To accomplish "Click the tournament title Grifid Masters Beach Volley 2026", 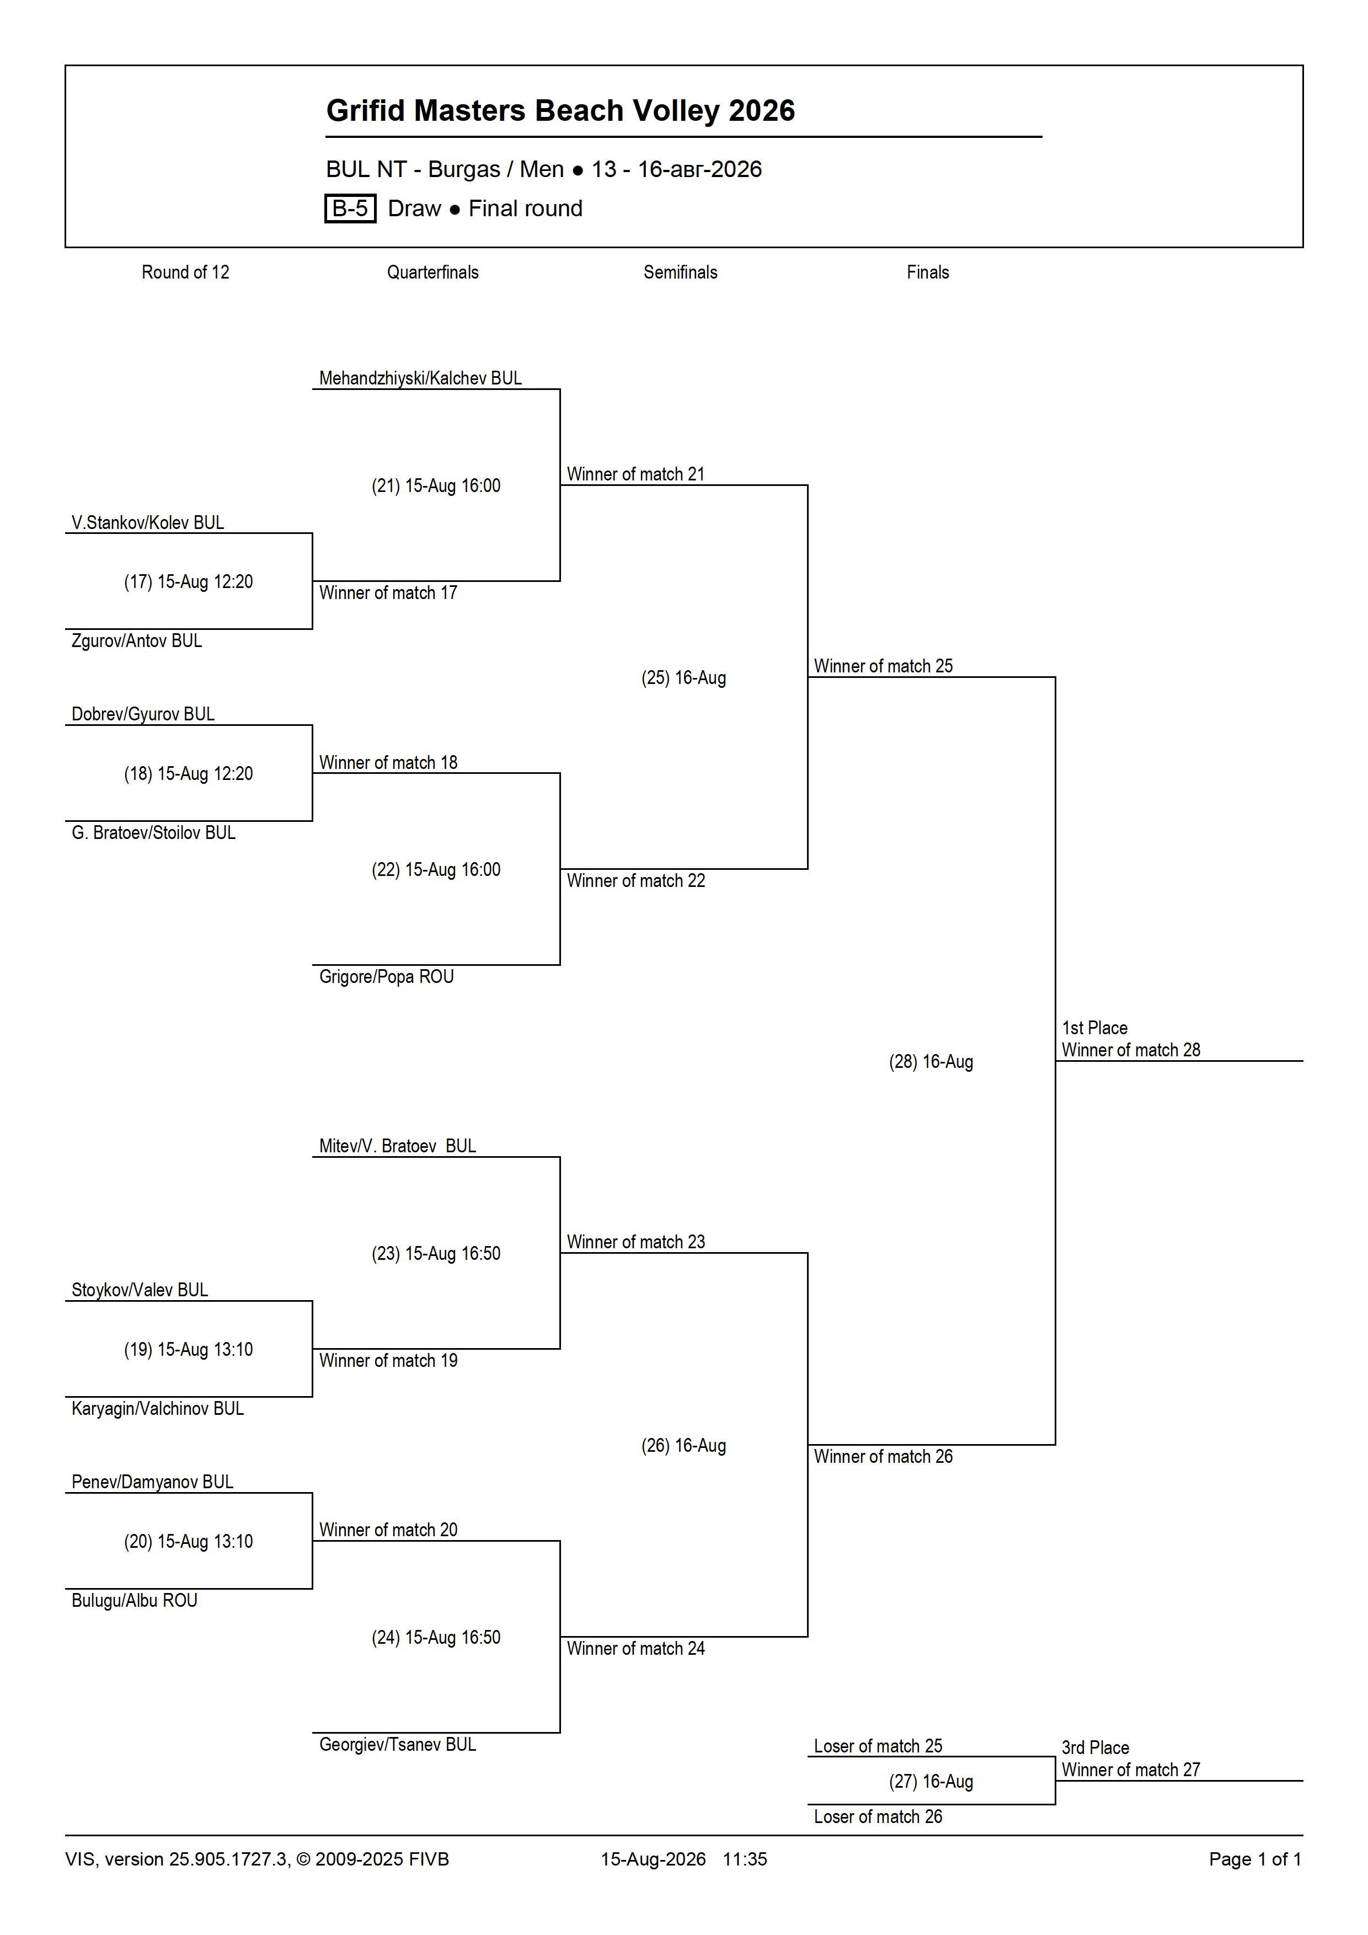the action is (x=560, y=110).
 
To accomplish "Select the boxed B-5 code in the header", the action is (x=350, y=208).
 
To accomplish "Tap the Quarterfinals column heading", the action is (x=432, y=272).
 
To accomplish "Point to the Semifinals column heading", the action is (x=680, y=272).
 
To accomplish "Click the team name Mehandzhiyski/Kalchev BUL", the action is (x=420, y=378).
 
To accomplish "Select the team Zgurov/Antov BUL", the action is (x=137, y=640).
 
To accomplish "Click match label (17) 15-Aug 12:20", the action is (x=188, y=581).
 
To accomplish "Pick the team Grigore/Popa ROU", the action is (x=386, y=977).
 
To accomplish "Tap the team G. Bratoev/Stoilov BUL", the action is (x=153, y=833).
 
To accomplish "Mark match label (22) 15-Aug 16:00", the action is (x=436, y=870).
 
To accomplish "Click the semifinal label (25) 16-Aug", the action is (x=683, y=677).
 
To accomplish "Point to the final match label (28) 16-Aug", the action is (x=931, y=1062).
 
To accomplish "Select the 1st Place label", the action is (x=1094, y=1028).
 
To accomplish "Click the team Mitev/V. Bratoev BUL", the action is (x=397, y=1146).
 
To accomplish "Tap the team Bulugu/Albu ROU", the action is (x=134, y=1600).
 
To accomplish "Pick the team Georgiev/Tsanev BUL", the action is (x=397, y=1745).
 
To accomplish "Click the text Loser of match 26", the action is (x=878, y=1817).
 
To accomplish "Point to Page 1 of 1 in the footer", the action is (x=1255, y=1859).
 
